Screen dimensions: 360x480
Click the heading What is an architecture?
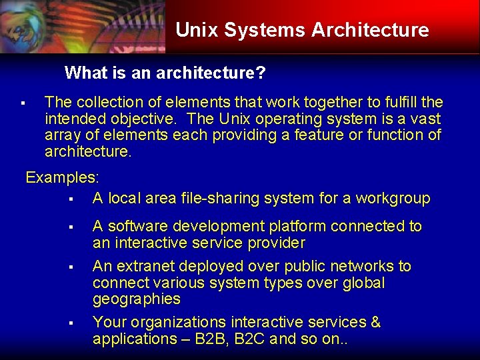tap(165, 73)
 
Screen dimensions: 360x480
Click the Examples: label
tap(62, 178)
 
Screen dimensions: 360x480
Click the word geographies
tap(137, 299)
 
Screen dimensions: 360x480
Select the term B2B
tap(222, 339)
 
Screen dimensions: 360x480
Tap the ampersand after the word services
tap(375, 323)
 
